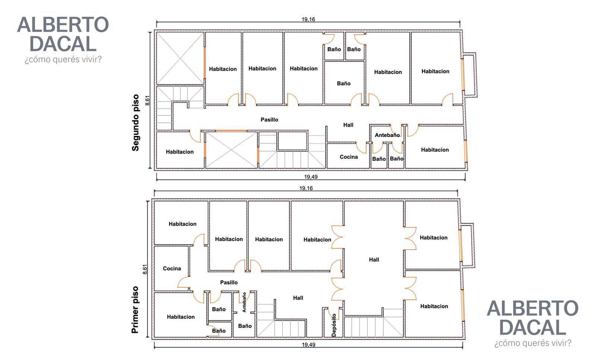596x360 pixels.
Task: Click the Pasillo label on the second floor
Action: [x=269, y=120]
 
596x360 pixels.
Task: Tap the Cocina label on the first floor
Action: [x=172, y=268]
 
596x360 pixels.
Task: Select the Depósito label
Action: [x=334, y=325]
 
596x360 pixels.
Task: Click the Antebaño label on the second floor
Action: [x=387, y=135]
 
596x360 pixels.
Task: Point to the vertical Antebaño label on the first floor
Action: [x=244, y=302]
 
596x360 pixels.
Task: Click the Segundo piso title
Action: [x=136, y=122]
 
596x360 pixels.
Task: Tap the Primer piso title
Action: [x=135, y=310]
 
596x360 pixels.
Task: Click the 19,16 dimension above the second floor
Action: [x=308, y=19]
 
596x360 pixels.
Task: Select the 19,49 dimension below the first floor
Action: [x=308, y=345]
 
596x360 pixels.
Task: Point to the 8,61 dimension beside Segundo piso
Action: [x=148, y=101]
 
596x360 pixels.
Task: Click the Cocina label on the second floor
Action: [x=349, y=157]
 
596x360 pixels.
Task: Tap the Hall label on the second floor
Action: [x=348, y=125]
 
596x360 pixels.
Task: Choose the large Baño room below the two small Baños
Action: [x=344, y=83]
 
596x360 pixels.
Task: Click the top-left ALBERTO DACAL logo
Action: [x=63, y=34]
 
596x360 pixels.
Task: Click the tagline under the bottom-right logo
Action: [x=533, y=343]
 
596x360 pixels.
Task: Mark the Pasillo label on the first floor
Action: [x=229, y=282]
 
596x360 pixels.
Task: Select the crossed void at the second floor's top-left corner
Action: [x=180, y=58]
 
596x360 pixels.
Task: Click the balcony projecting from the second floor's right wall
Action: [x=469, y=75]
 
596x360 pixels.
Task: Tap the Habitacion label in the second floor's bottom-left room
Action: [x=180, y=152]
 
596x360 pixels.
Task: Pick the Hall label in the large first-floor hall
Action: [x=374, y=260]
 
